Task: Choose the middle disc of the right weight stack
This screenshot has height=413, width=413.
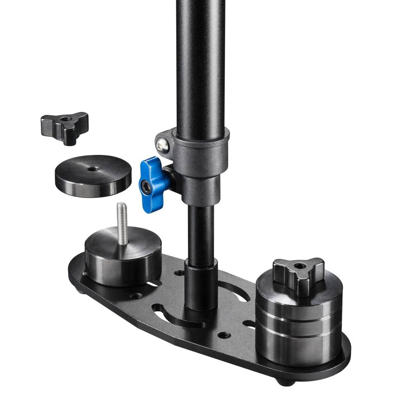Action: point(298,324)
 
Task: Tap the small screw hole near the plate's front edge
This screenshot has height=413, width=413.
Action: point(224,335)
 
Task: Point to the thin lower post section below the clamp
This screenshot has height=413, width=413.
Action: point(201,231)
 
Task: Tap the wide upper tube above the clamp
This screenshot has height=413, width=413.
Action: point(201,62)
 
